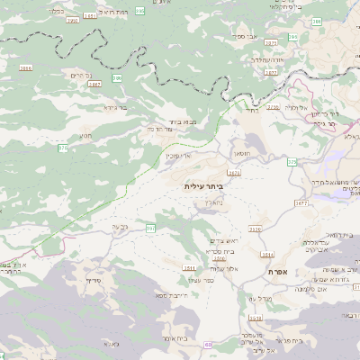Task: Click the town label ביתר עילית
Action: (x=202, y=185)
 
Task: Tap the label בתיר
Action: (x=252, y=112)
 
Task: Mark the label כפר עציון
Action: (x=202, y=281)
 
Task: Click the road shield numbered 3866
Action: (x=25, y=67)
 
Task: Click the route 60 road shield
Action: (x=208, y=344)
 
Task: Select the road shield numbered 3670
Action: (x=234, y=171)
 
